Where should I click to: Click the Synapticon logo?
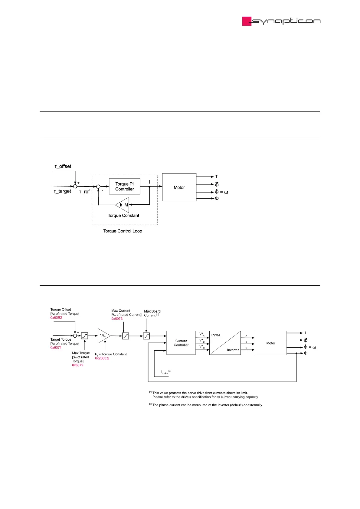click(281, 21)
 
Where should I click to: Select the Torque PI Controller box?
click(124, 186)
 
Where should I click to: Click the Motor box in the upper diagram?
click(179, 187)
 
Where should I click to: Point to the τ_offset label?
click(63, 167)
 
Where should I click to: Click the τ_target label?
click(62, 191)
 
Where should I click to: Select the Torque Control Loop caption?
click(123, 231)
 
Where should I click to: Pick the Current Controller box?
click(181, 343)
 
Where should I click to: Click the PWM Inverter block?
click(225, 343)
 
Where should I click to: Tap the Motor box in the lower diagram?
click(270, 343)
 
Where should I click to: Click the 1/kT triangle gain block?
click(103, 336)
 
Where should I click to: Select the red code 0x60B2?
click(56, 318)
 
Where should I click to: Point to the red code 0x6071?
click(56, 348)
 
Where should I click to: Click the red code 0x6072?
click(77, 365)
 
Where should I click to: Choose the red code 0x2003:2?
click(102, 358)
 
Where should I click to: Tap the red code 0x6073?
click(117, 319)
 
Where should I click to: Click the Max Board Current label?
click(152, 313)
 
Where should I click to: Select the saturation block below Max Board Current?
click(146, 336)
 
